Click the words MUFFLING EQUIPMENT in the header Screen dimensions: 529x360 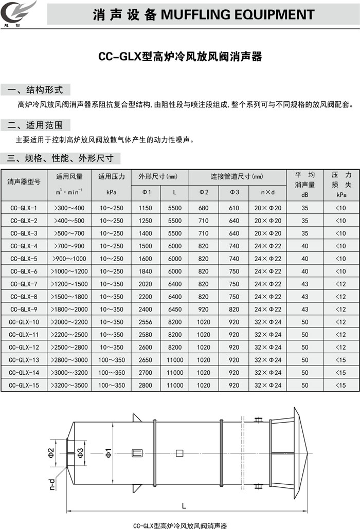[x=237, y=14]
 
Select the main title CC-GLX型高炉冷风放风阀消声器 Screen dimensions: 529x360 [x=180, y=57]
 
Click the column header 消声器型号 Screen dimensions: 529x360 [x=24, y=181]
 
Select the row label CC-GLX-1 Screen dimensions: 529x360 [x=24, y=208]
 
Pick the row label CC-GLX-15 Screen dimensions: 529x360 [x=24, y=385]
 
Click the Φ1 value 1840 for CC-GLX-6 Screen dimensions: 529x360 [x=146, y=271]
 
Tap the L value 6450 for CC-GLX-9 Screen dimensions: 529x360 [x=175, y=309]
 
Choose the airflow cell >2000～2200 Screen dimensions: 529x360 [x=69, y=322]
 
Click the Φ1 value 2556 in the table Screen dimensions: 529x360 [x=146, y=322]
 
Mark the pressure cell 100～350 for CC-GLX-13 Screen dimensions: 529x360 [x=112, y=360]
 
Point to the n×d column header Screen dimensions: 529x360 [x=268, y=192]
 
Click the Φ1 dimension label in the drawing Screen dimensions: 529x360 [x=109, y=453]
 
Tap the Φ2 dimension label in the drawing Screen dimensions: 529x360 [x=51, y=453]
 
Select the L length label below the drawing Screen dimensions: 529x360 [x=184, y=506]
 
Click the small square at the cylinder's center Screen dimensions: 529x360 [x=179, y=453]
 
